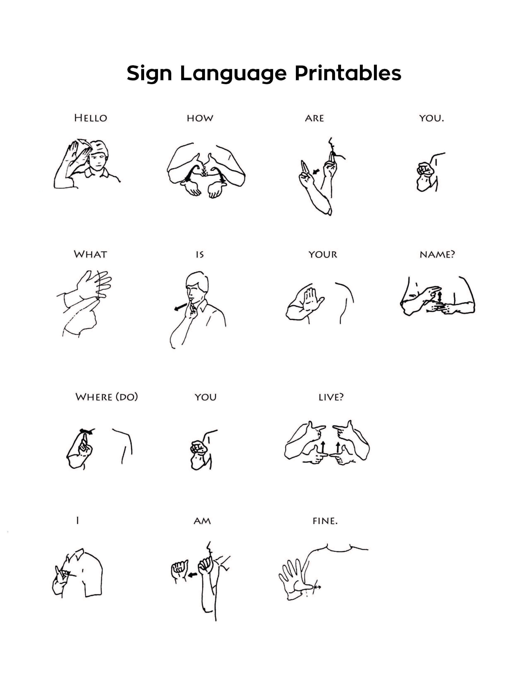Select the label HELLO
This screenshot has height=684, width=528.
coord(90,118)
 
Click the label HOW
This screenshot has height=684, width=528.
coord(200,118)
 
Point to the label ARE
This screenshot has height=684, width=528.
coord(314,118)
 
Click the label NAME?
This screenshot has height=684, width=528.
coord(437,254)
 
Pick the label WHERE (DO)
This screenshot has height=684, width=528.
coord(107,397)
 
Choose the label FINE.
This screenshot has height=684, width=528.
coord(325,521)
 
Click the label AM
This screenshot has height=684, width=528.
coord(202,521)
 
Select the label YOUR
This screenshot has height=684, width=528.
coord(323,254)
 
